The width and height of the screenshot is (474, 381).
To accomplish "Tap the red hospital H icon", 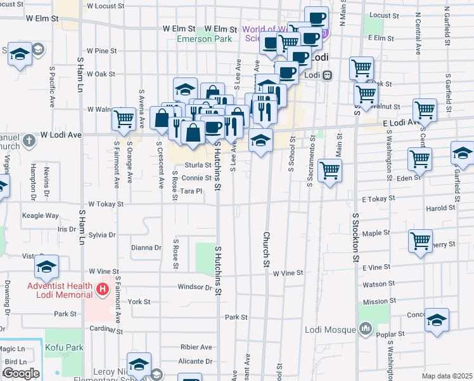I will (x=103, y=290).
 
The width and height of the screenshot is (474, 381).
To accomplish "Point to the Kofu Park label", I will (x=64, y=347).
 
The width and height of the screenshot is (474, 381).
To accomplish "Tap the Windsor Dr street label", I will (x=194, y=287).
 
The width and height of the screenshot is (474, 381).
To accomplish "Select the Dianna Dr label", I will (x=146, y=248).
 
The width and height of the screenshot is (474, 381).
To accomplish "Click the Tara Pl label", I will (x=191, y=190).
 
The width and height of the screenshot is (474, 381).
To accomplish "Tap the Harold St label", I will (x=441, y=208).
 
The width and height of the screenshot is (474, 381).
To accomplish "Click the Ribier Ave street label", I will (x=197, y=347).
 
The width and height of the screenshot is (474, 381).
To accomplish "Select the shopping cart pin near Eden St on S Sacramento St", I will (x=330, y=170).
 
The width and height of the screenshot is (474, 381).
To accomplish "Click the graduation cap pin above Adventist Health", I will (x=46, y=266).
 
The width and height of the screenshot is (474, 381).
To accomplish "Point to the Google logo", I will (x=21, y=373).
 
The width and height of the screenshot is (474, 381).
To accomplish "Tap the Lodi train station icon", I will (x=328, y=74).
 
